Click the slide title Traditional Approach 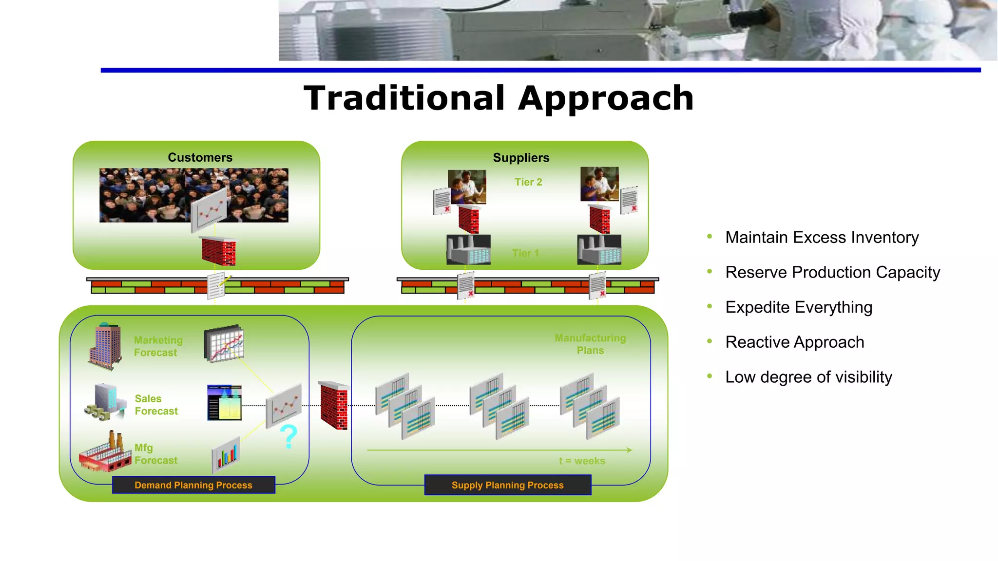[x=499, y=99]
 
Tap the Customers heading [x=200, y=158]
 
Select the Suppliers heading [x=521, y=158]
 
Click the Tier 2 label [x=528, y=182]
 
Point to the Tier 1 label [x=525, y=253]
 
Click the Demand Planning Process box [x=193, y=485]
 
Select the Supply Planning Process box [x=507, y=485]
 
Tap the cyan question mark [x=288, y=436]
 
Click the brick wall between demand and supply [x=334, y=405]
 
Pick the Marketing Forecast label [x=158, y=346]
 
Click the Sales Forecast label [x=156, y=405]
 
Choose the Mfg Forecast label [x=155, y=454]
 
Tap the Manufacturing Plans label [x=590, y=344]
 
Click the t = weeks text [x=582, y=461]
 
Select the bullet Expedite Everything [x=798, y=307]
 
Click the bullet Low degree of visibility [x=808, y=377]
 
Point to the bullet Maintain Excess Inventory [x=822, y=237]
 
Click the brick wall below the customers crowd [x=219, y=252]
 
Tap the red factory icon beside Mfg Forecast [x=105, y=452]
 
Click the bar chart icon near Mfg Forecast [x=226, y=455]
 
